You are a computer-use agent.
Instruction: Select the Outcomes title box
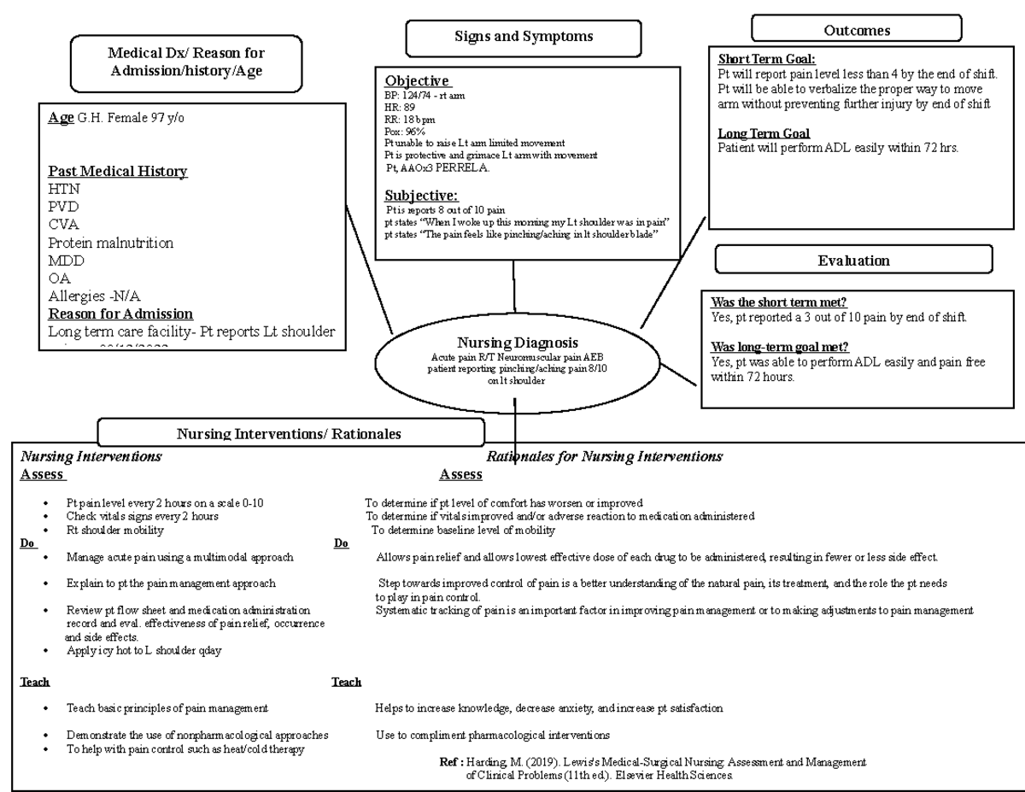coord(856,30)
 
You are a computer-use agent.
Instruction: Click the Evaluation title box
coord(853,261)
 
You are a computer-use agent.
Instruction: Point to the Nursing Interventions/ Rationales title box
coord(290,433)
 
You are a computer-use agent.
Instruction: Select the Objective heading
coord(418,80)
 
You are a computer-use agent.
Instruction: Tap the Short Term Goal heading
coord(766,60)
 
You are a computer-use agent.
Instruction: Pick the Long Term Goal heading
coord(764,133)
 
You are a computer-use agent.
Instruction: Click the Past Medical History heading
coord(118,172)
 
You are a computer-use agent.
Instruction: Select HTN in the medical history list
coord(64,189)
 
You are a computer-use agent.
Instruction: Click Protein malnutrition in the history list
coord(111,243)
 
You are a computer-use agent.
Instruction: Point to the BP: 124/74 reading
coord(425,95)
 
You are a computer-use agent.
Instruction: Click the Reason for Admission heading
coord(120,314)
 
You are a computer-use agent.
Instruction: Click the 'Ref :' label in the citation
coord(450,761)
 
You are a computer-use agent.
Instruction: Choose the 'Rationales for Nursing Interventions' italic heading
coord(604,456)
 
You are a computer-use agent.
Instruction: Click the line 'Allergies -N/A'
coord(95,296)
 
